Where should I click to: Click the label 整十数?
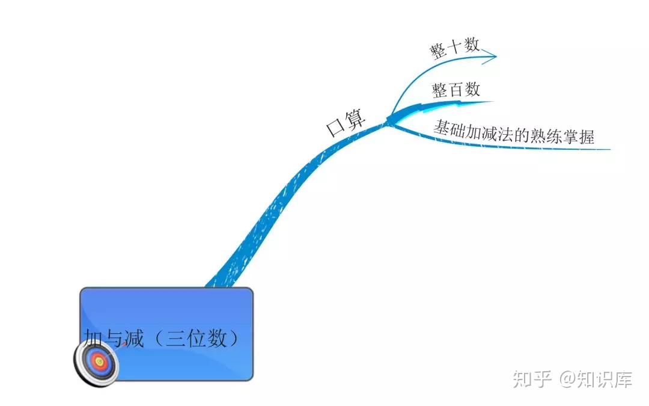coord(454,48)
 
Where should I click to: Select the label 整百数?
coord(456,90)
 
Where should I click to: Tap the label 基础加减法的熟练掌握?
coord(514,132)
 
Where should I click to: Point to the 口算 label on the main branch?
coord(346,124)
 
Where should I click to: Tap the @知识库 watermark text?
coord(596,379)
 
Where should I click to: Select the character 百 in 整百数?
coord(456,90)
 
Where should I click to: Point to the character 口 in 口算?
coord(334,128)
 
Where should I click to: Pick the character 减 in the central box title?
coord(133,338)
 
